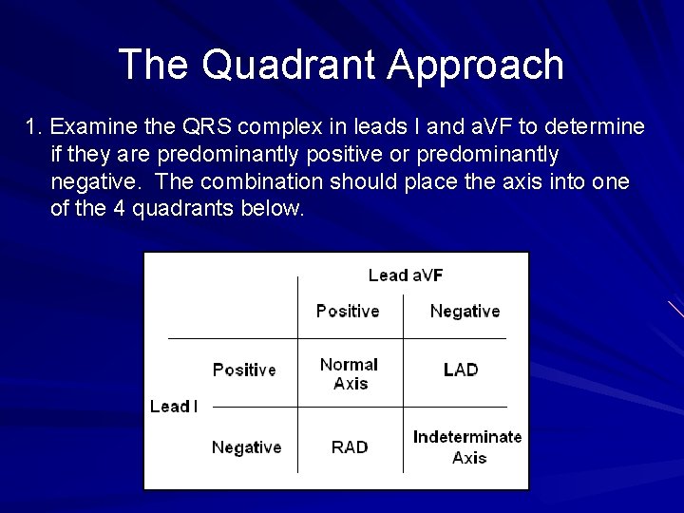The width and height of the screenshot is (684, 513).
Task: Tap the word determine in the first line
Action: coord(595,126)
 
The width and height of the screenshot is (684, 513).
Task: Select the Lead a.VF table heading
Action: coord(405,275)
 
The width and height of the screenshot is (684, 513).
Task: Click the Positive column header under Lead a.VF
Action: coord(347,311)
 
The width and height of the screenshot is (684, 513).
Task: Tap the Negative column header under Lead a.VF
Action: coord(465,311)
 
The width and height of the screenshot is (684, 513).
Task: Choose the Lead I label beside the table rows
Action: coord(174,407)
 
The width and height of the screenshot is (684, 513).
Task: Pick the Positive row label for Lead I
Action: coord(244,370)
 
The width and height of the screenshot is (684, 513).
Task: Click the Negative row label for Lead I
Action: coord(246,446)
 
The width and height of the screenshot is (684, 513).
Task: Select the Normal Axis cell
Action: coord(350,373)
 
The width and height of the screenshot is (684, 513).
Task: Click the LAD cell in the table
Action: coord(461,370)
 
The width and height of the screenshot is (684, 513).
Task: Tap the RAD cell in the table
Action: coord(350,446)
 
